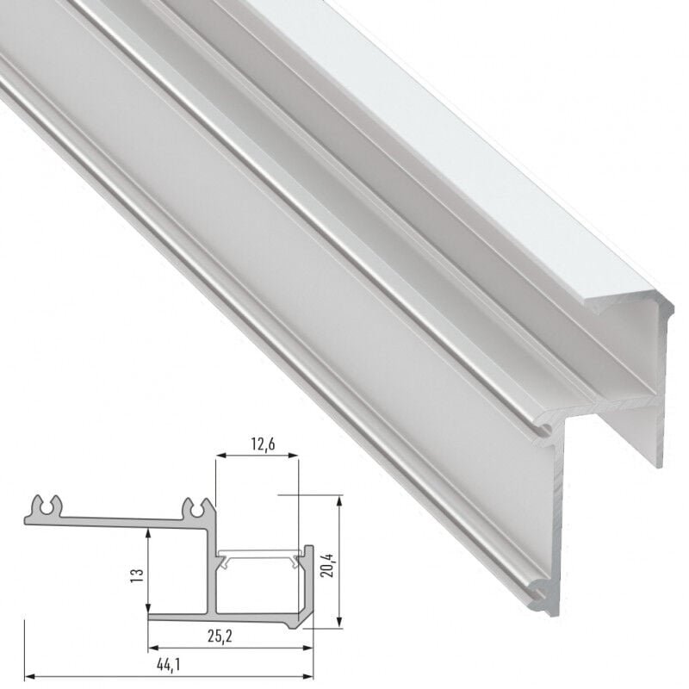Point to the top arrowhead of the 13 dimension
point(150,531)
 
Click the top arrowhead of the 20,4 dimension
point(342,500)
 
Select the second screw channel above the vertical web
point(195,508)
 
